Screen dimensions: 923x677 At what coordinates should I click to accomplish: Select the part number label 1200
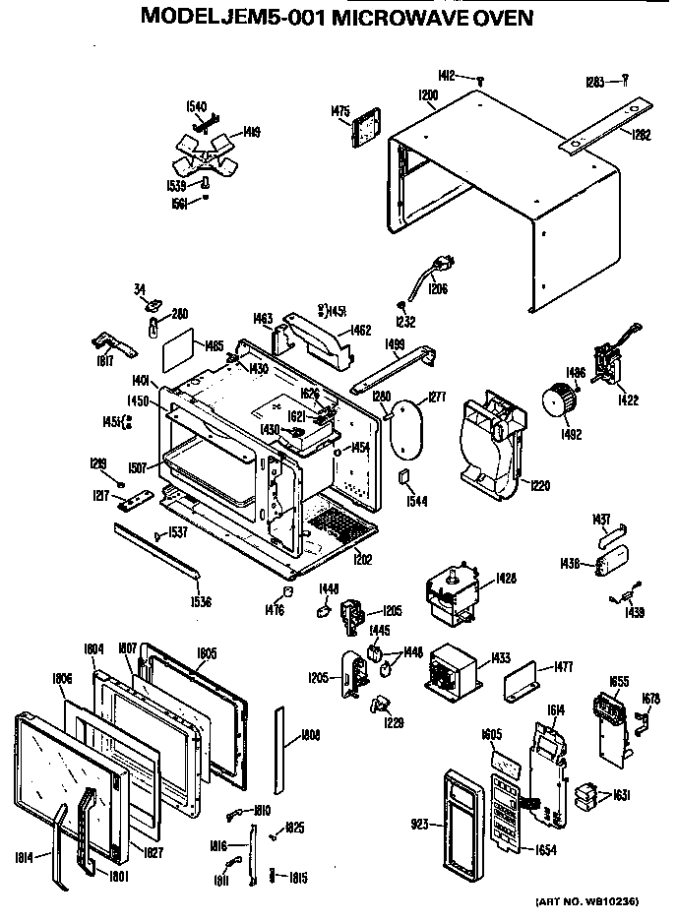point(427,95)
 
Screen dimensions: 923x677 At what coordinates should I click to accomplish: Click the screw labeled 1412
point(480,79)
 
